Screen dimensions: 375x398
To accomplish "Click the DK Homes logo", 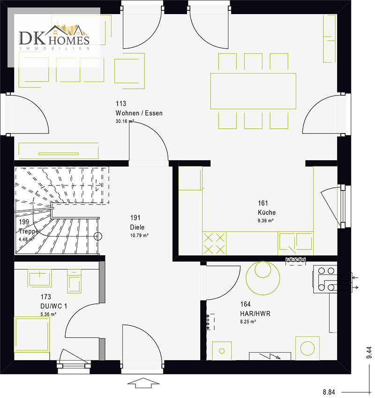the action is [54, 37].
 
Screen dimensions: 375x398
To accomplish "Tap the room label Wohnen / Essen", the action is [139, 113].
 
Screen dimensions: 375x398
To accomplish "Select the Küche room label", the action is [267, 212].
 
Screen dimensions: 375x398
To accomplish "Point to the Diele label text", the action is [137, 227].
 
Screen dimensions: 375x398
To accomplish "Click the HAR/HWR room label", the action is [255, 313].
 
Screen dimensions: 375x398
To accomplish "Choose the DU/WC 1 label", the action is [53, 306].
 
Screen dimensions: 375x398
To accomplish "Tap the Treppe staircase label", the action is [29, 231].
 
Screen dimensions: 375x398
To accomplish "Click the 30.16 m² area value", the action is [125, 121].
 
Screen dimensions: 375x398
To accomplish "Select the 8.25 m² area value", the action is [248, 322].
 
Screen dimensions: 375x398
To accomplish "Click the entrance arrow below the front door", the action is [143, 383].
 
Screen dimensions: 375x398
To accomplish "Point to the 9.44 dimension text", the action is [369, 353].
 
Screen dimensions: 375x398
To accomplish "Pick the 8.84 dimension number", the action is [329, 392].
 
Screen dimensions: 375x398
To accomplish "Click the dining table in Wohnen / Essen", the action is [253, 91].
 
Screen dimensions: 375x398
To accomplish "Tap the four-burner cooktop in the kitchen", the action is [214, 243].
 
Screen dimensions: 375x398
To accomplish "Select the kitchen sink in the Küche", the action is [295, 243].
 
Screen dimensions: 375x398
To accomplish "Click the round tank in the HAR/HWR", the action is [262, 278].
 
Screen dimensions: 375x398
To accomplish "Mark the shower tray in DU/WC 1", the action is [32, 334].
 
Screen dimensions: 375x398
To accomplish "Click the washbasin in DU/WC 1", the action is [40, 279].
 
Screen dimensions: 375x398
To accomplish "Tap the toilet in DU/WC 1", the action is [74, 281].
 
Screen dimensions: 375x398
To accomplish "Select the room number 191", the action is [135, 218].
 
